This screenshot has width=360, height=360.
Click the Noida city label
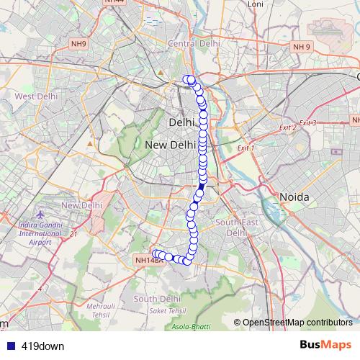(x=294, y=197)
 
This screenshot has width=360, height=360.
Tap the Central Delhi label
(x=194, y=43)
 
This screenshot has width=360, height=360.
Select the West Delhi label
(x=36, y=96)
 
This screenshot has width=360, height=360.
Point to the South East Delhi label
(x=237, y=228)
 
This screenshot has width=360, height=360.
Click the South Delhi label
(x=156, y=298)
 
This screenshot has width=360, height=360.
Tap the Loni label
(x=256, y=4)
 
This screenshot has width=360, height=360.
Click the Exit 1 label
(x=247, y=148)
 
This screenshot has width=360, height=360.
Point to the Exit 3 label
(x=307, y=123)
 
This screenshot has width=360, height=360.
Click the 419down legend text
(x=42, y=346)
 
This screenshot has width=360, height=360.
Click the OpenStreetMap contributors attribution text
(x=297, y=322)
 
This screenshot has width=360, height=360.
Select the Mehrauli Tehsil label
(x=101, y=310)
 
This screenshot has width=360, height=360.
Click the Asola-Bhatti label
(x=191, y=326)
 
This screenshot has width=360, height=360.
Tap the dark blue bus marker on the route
(x=202, y=186)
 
